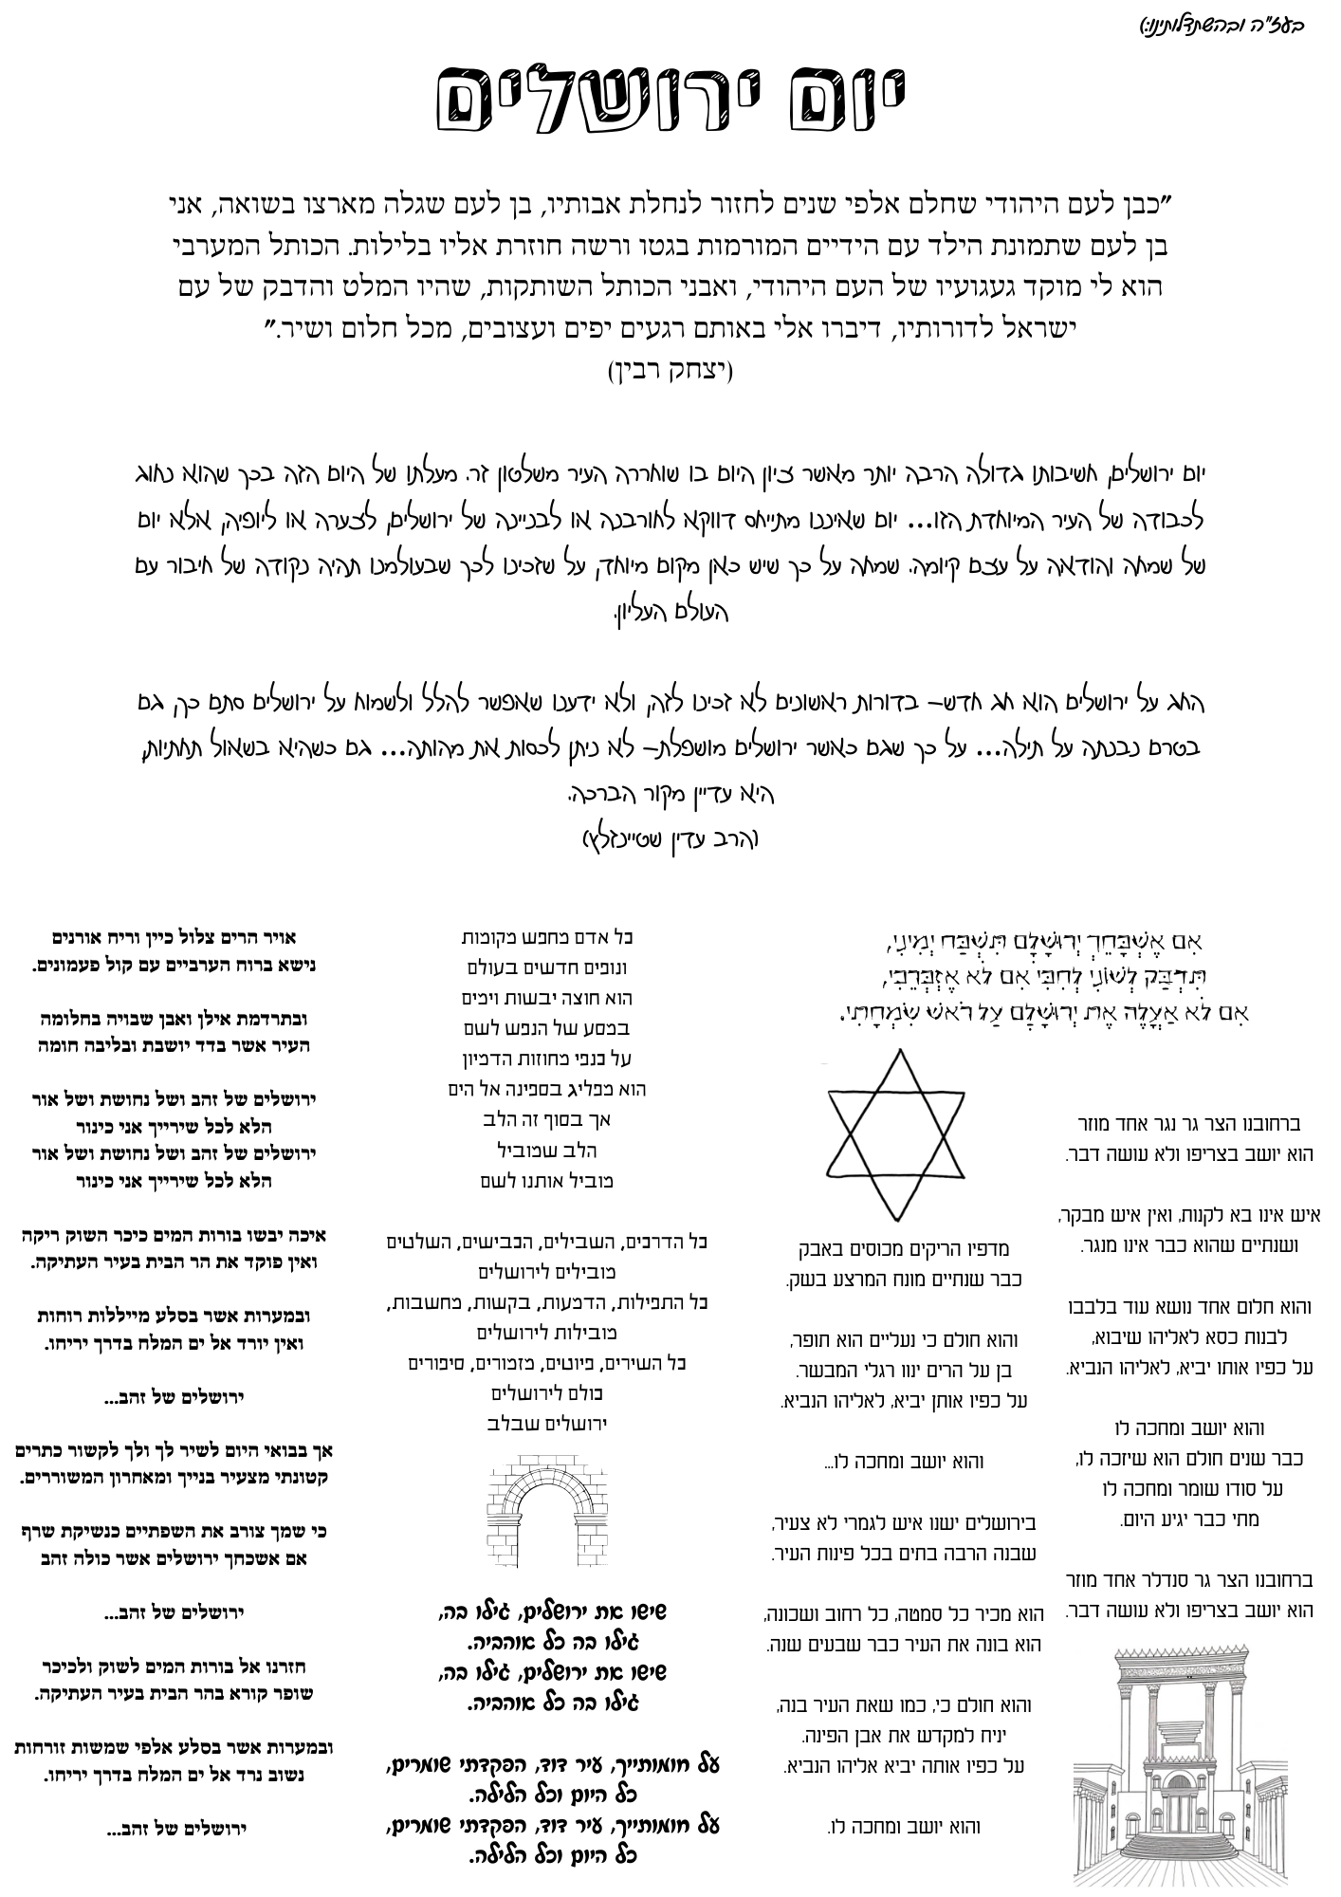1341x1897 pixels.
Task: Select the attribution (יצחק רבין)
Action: [x=670, y=370]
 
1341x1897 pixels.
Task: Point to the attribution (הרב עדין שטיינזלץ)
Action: [x=670, y=839]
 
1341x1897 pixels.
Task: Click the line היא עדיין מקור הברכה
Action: [x=670, y=794]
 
